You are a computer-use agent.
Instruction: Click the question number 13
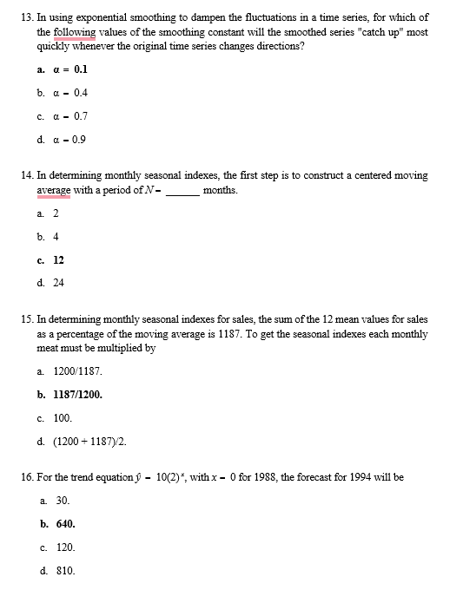[24, 17]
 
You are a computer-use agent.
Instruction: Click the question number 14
[24, 175]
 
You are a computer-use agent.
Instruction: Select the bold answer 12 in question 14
[58, 259]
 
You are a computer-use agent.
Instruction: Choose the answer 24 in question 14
[58, 283]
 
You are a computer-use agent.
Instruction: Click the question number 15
[24, 319]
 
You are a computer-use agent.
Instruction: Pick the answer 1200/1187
[77, 371]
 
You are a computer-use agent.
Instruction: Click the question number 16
[24, 478]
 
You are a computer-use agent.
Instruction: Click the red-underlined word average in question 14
[53, 190]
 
